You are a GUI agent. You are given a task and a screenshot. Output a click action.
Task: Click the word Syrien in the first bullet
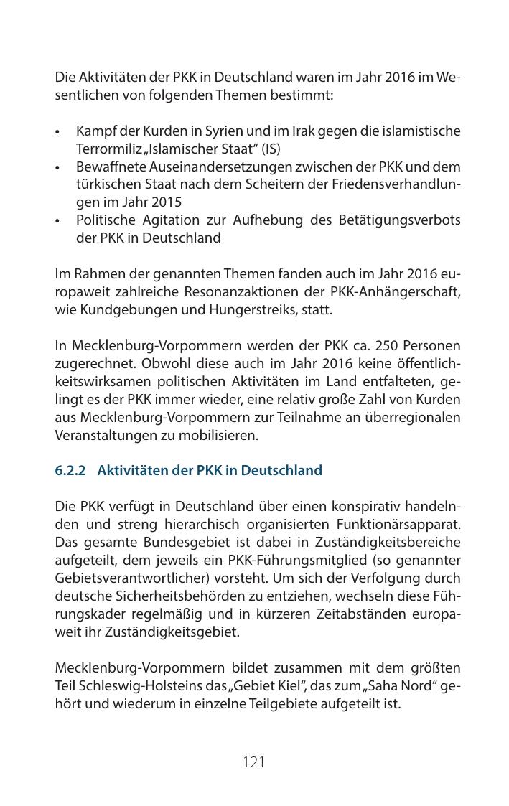click(207, 132)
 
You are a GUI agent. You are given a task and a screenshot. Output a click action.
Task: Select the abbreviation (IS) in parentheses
click(271, 149)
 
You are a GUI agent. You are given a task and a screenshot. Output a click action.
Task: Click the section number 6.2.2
click(70, 471)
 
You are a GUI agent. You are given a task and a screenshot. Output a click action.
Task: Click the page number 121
click(254, 762)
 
